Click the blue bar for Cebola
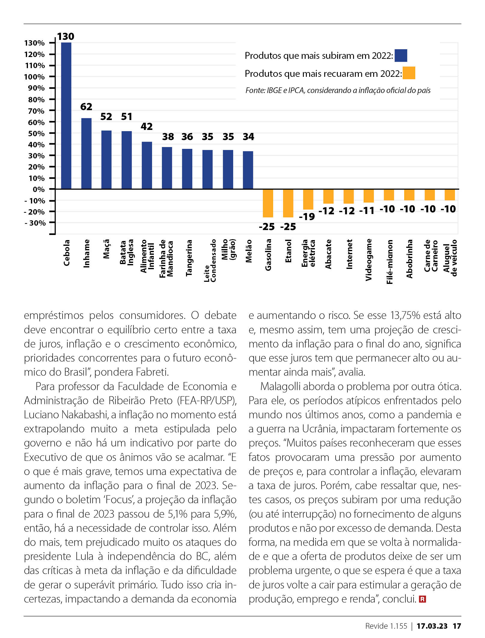(x=66, y=116)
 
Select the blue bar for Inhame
(x=87, y=154)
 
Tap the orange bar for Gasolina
(x=268, y=203)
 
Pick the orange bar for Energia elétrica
(x=308, y=199)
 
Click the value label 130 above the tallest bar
(x=66, y=36)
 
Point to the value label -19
(x=307, y=216)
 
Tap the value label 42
(x=147, y=126)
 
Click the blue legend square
(x=401, y=56)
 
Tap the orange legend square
(x=409, y=73)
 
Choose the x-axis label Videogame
(x=369, y=260)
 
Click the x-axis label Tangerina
(x=189, y=258)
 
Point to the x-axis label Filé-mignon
(x=389, y=262)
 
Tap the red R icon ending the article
(x=422, y=599)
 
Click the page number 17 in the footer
(x=457, y=626)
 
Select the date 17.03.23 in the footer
(x=432, y=626)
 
